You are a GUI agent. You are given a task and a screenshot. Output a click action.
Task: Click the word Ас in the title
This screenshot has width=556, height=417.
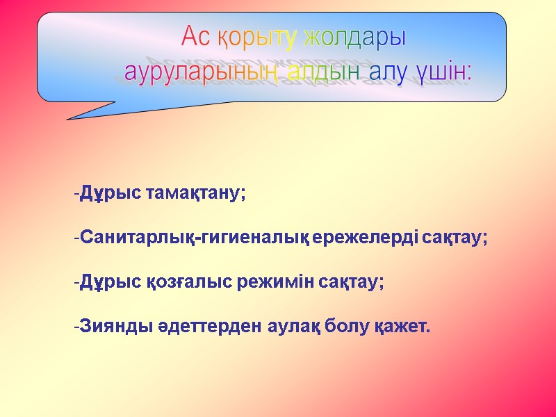pos(195,36)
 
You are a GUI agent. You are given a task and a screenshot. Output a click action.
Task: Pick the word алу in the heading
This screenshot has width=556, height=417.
pos(389,71)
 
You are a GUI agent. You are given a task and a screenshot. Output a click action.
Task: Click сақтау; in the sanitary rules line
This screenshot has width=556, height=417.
pos(458,238)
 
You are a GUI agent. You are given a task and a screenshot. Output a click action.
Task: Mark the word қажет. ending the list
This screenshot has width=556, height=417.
pos(405,327)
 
